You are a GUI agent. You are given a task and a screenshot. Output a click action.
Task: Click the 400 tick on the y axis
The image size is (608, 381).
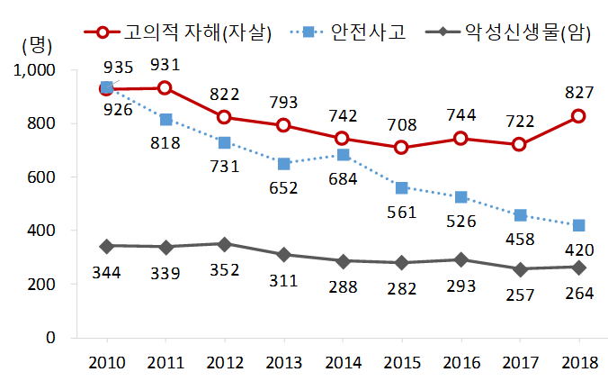(41, 231)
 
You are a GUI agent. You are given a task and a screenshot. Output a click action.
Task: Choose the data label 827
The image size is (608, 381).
(578, 91)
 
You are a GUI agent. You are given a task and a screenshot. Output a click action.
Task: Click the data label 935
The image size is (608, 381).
(120, 68)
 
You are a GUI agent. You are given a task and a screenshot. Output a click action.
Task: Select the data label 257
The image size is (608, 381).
(519, 296)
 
